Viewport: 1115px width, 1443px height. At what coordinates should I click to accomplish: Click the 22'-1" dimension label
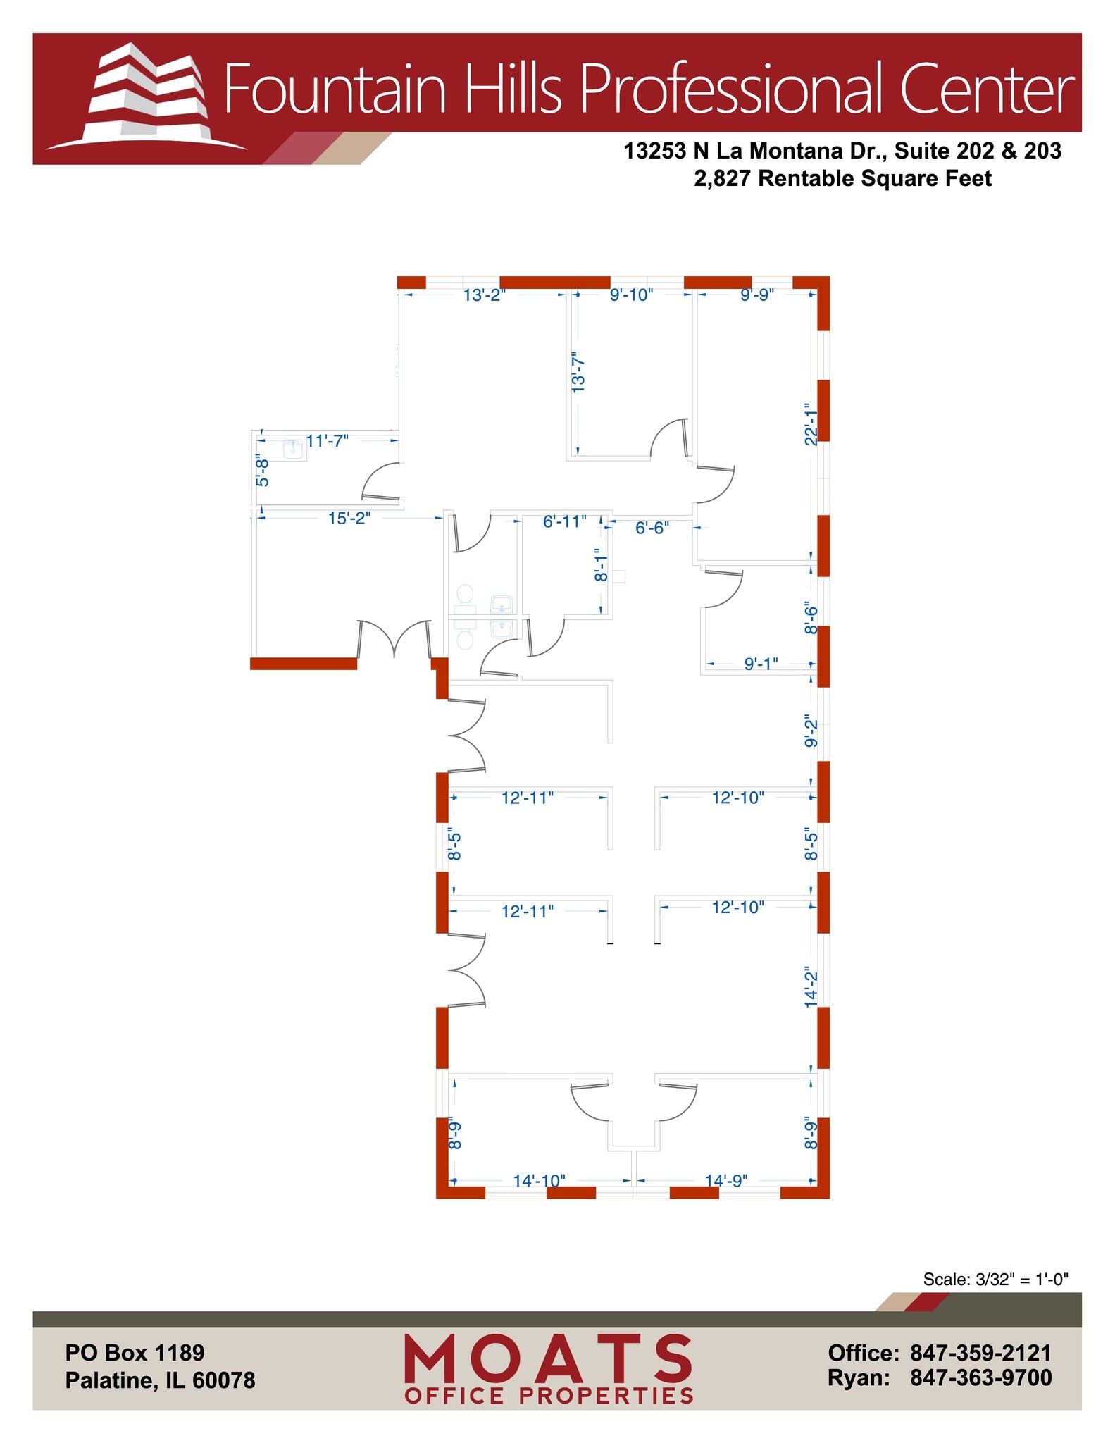pyautogui.click(x=811, y=423)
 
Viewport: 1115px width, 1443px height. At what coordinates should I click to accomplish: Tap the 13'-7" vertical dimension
pyautogui.click(x=578, y=372)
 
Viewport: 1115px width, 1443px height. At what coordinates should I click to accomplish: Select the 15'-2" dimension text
pyautogui.click(x=349, y=519)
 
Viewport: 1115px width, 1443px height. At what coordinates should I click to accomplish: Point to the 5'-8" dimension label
pyautogui.click(x=262, y=470)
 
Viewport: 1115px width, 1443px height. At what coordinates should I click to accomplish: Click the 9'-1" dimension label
pyautogui.click(x=761, y=663)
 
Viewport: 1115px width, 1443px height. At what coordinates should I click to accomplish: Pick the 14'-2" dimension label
pyautogui.click(x=811, y=986)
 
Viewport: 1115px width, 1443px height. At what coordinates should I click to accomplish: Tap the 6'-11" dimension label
pyautogui.click(x=564, y=521)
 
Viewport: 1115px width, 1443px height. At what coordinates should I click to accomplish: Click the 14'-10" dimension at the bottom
pyautogui.click(x=539, y=1180)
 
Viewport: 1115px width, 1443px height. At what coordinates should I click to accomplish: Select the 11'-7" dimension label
pyautogui.click(x=328, y=441)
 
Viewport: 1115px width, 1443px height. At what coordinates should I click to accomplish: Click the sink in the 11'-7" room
pyautogui.click(x=294, y=449)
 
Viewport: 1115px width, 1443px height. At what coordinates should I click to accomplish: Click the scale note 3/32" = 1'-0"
pyautogui.click(x=995, y=1279)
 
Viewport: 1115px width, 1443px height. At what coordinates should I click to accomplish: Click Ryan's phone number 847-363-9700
pyautogui.click(x=980, y=1377)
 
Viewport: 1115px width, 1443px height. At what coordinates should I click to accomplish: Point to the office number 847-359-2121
pyautogui.click(x=980, y=1353)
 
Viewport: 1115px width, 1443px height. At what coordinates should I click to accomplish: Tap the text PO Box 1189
pyautogui.click(x=135, y=1353)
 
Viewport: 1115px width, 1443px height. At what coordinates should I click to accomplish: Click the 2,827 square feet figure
pyautogui.click(x=723, y=179)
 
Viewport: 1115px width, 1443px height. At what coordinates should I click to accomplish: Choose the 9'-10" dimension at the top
pyautogui.click(x=631, y=295)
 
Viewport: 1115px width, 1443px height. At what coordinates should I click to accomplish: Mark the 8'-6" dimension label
pyautogui.click(x=811, y=619)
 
